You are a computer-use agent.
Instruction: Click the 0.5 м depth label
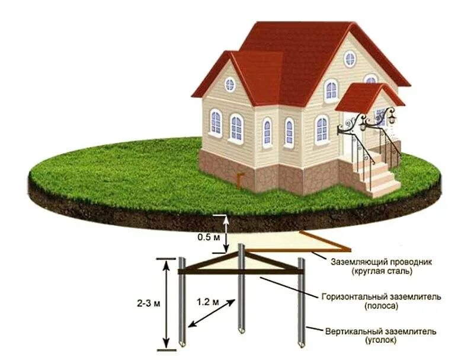(x=204, y=237)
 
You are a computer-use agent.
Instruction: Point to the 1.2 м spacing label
(x=207, y=302)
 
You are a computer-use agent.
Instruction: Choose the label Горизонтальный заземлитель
(x=381, y=297)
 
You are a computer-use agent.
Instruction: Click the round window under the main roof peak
(x=350, y=58)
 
